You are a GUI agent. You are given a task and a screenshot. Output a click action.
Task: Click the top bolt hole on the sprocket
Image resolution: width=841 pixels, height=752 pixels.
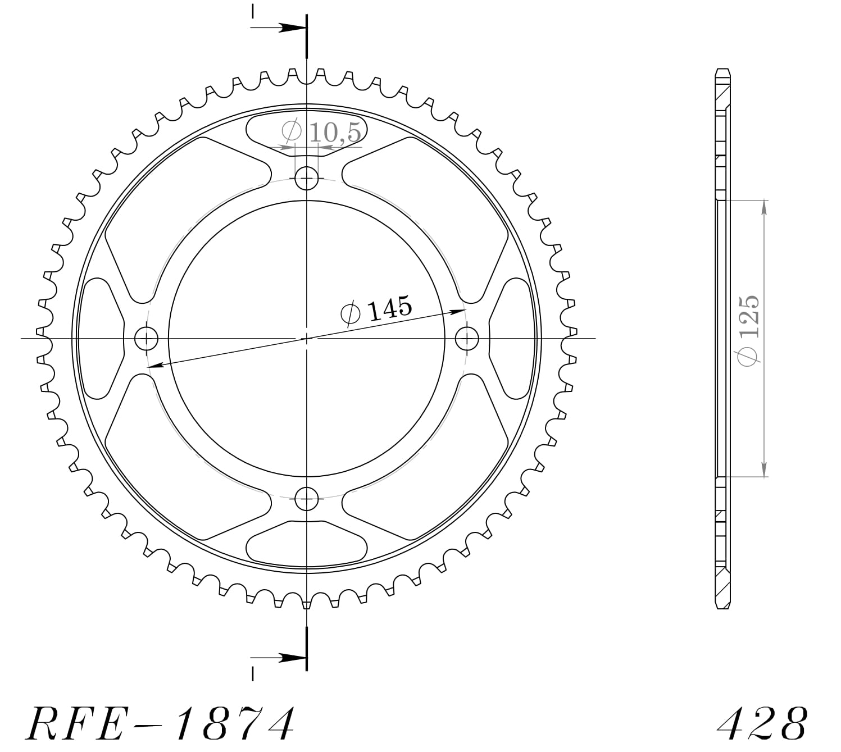tap(306, 179)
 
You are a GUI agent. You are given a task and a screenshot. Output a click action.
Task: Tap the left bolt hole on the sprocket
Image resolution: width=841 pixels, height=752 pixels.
tap(147, 339)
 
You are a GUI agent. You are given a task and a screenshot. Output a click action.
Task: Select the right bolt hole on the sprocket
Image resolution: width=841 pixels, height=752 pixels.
tap(466, 339)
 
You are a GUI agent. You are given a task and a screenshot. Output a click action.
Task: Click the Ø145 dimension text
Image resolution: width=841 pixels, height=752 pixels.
tap(376, 309)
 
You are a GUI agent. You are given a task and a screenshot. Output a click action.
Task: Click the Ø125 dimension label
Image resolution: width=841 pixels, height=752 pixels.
tap(749, 331)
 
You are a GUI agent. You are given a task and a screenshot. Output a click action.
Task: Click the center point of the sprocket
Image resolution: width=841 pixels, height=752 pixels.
tap(306, 339)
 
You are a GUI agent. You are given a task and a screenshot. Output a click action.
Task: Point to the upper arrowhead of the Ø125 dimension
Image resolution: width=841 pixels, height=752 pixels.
tap(763, 207)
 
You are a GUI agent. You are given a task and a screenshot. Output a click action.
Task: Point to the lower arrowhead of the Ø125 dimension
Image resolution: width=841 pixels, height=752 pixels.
tap(763, 470)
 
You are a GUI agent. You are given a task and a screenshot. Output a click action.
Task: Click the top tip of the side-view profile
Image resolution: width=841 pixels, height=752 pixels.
tap(722, 70)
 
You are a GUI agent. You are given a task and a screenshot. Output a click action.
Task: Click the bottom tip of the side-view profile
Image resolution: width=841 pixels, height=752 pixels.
tap(722, 608)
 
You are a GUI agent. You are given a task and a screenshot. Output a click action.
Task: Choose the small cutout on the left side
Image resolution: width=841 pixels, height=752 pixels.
tap(102, 339)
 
